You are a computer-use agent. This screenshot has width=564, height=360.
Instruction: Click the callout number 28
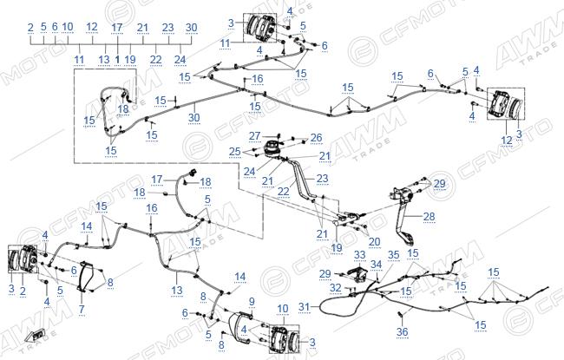point(430,217)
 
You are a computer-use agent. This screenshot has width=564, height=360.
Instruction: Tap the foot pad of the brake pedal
point(407,238)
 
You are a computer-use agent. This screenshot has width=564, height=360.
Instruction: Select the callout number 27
point(254,136)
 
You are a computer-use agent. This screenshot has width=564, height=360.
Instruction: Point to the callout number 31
point(304,307)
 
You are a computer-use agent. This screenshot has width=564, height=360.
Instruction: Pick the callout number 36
point(402,331)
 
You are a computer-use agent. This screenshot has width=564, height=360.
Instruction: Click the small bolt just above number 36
point(400,316)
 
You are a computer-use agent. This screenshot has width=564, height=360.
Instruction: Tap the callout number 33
point(360,255)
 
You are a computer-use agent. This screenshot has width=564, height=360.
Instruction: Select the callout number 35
point(394,255)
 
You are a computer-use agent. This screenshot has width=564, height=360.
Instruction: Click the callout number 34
point(377,265)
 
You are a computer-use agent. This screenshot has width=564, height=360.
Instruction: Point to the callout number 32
point(336,288)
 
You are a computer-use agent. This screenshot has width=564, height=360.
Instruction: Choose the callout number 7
point(82,309)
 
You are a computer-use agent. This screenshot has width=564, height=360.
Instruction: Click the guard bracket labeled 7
point(86,276)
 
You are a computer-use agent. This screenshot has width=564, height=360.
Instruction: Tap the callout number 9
point(252,301)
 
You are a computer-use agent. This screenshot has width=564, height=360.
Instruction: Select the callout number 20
point(374,242)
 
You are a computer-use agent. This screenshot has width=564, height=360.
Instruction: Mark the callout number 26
point(317,138)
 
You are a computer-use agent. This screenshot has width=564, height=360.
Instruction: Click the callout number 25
point(235,152)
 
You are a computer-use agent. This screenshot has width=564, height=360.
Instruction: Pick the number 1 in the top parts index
point(118,60)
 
